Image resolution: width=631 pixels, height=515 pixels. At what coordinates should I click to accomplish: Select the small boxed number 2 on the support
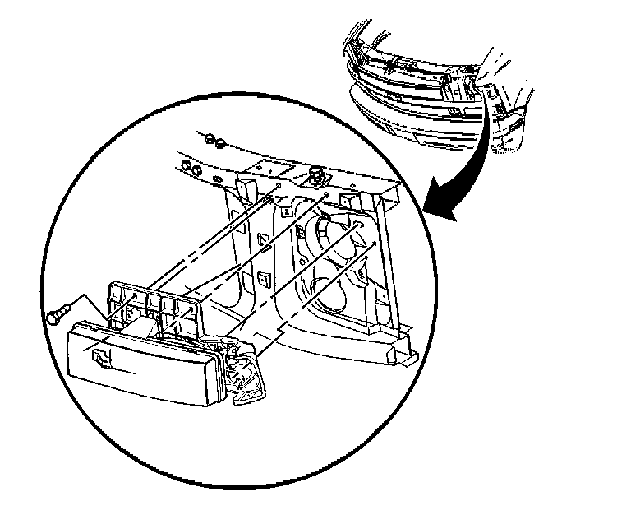[286, 211]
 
